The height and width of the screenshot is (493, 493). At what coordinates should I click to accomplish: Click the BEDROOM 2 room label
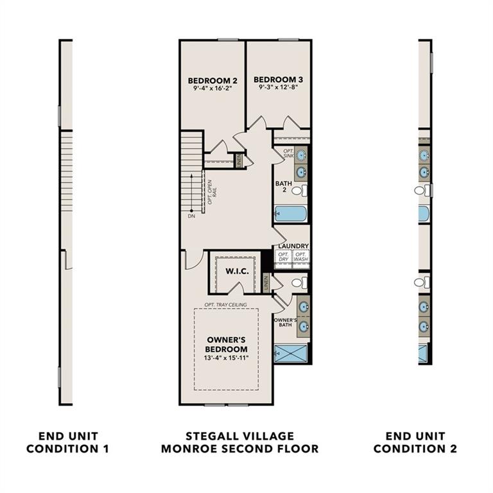212,80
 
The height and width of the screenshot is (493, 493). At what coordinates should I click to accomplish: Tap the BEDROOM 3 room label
278,80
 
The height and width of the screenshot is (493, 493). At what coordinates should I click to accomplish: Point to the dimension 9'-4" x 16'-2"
212,89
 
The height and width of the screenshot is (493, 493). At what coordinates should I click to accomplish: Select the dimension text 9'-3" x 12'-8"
278,88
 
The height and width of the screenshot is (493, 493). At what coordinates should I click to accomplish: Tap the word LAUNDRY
293,246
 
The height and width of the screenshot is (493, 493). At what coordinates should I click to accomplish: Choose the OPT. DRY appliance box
283,257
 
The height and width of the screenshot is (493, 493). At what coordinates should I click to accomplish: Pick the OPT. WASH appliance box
300,257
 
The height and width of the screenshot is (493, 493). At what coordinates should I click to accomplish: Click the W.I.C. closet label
236,271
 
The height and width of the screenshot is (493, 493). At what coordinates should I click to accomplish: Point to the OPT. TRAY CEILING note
225,304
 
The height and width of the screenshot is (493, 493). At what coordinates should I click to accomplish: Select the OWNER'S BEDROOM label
227,344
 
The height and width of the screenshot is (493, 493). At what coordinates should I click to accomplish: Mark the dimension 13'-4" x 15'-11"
227,358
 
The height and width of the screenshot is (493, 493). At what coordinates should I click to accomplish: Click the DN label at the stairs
191,216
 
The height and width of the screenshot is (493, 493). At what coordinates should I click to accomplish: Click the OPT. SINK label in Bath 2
288,154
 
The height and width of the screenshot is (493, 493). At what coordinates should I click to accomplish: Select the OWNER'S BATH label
284,323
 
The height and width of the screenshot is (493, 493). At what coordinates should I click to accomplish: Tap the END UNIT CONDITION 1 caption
67,442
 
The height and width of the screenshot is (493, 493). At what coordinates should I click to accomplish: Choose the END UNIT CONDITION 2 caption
415,442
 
